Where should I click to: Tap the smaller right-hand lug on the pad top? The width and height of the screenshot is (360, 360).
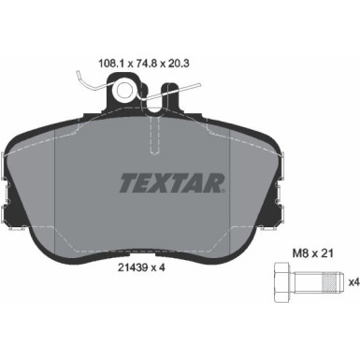[170, 94]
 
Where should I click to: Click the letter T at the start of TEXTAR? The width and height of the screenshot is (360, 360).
[126, 180]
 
